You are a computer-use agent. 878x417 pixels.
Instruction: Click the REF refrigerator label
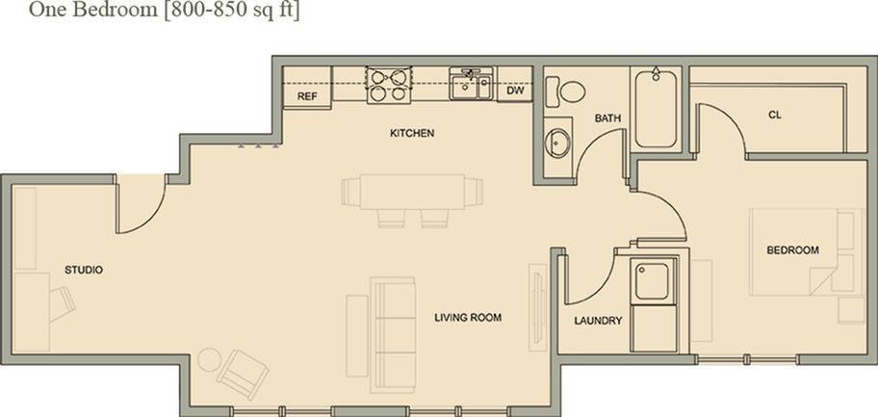[307, 97]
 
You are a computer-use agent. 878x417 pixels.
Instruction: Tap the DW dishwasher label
[515, 91]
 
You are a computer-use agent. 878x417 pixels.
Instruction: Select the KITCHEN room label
[412, 133]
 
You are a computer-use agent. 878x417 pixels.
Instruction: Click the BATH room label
[607, 118]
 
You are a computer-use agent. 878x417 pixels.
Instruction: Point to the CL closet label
[774, 115]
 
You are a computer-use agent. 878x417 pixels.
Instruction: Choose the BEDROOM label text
[792, 250]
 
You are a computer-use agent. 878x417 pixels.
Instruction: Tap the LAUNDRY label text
[598, 321]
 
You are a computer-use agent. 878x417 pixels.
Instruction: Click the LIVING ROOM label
[468, 317]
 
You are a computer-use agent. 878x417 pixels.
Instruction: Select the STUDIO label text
[84, 270]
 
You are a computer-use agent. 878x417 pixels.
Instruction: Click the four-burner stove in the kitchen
[388, 84]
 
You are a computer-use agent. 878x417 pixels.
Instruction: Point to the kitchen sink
[471, 84]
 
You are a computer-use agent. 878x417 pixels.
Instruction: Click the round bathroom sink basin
[557, 144]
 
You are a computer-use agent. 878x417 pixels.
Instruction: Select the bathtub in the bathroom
[656, 108]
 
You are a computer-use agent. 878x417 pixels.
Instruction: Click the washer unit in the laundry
[652, 280]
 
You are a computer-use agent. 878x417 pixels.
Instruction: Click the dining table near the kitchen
[412, 191]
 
